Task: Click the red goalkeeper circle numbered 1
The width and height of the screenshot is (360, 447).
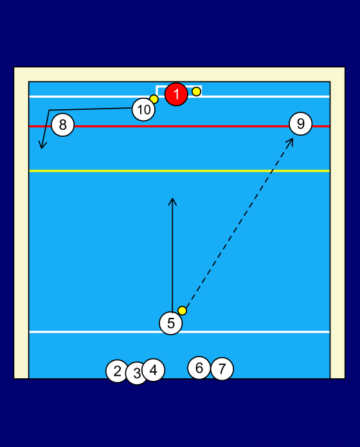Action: [x=176, y=94]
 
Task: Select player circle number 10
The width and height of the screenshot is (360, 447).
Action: [x=143, y=109]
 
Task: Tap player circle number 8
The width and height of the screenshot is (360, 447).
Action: [x=63, y=125]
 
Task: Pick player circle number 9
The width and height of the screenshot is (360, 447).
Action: [x=301, y=124]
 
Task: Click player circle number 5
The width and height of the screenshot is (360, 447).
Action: [x=171, y=323]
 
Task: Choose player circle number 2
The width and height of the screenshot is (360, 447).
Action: [x=117, y=371]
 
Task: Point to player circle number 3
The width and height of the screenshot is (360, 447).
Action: [x=137, y=373]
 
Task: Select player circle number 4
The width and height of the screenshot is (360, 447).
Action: [x=153, y=370]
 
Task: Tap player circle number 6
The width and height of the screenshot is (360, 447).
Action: [x=199, y=368]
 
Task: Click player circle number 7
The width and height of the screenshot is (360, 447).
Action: [x=222, y=369]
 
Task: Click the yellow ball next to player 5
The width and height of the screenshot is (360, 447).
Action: [x=183, y=310]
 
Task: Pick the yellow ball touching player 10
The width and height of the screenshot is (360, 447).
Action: [x=154, y=99]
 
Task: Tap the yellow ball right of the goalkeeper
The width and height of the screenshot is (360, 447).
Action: [x=196, y=91]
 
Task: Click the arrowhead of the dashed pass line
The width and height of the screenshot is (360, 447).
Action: [x=291, y=141]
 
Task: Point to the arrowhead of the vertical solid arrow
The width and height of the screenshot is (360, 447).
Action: [x=172, y=201]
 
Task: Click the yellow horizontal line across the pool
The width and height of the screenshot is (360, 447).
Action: [x=179, y=171]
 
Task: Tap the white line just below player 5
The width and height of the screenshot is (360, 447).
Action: [x=179, y=332]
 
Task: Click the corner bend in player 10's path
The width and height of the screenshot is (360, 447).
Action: [x=49, y=110]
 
